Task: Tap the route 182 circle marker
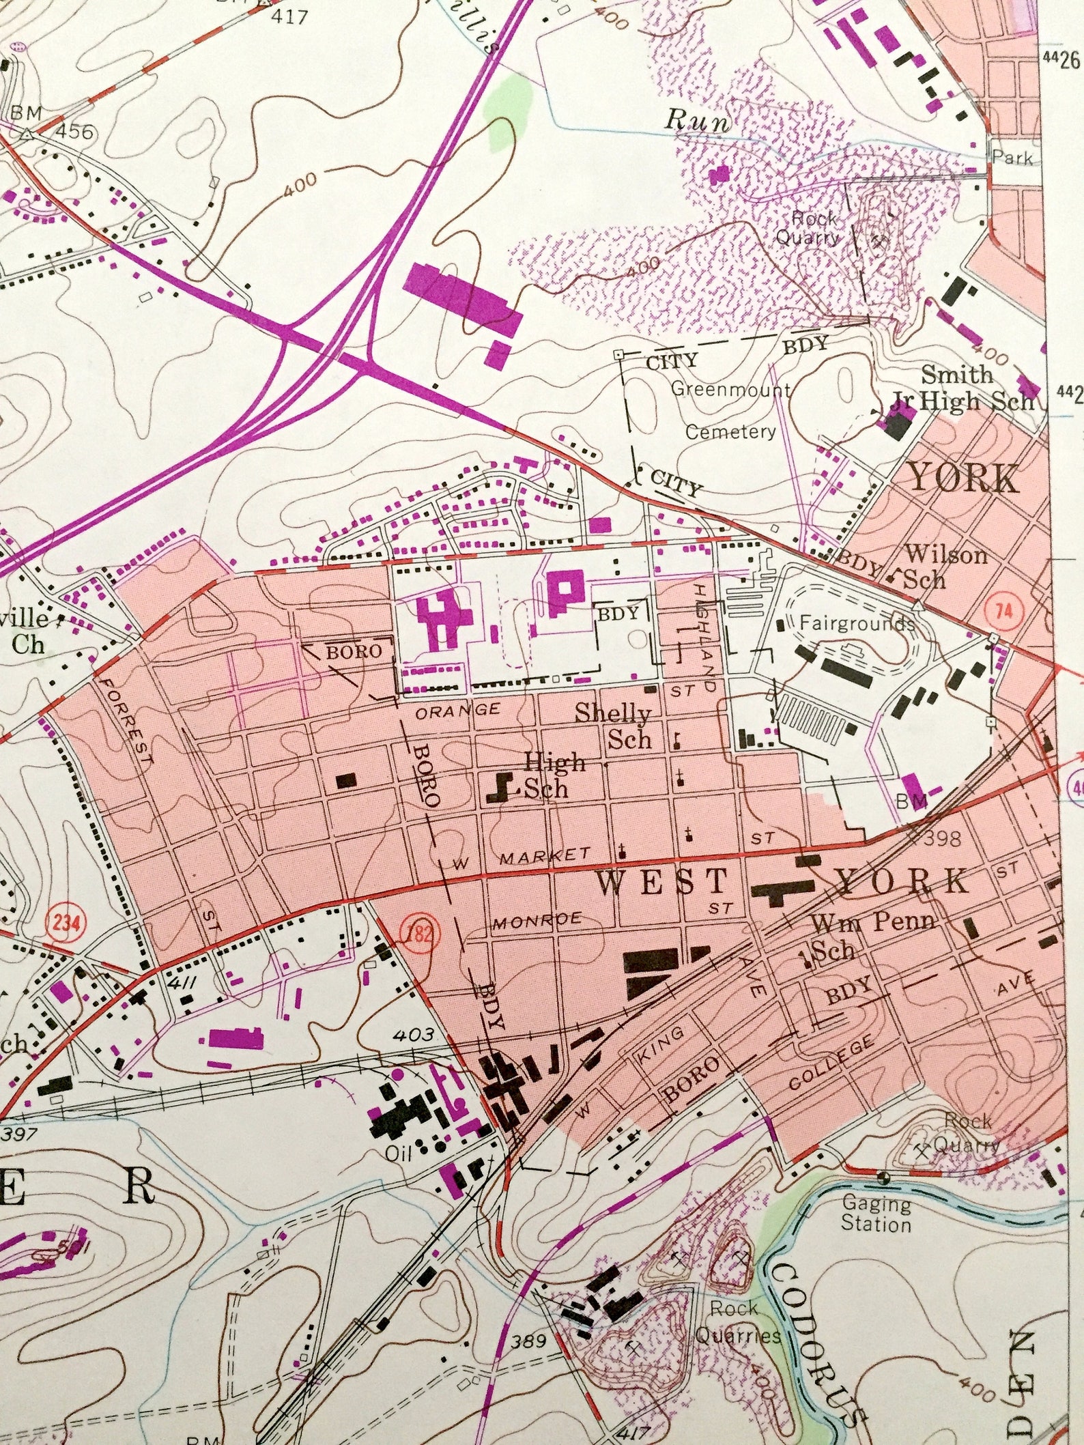pyautogui.click(x=418, y=934)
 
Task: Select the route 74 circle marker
pyautogui.click(x=1003, y=610)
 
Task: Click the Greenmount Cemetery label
pyautogui.click(x=730, y=410)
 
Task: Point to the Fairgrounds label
pyautogui.click(x=856, y=623)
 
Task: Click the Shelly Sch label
pyautogui.click(x=614, y=726)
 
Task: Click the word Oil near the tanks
pyautogui.click(x=400, y=1153)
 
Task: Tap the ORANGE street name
pyautogui.click(x=457, y=711)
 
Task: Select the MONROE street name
pyautogui.click(x=537, y=921)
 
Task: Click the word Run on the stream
pyautogui.click(x=697, y=119)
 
